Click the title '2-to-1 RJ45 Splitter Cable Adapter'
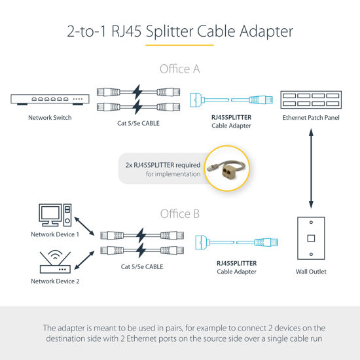(x=179, y=31)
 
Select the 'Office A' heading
(x=179, y=69)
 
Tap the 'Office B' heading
(x=179, y=214)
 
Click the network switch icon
(x=50, y=100)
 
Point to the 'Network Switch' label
(x=50, y=118)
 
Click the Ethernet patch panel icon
(x=312, y=100)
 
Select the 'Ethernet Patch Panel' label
(x=312, y=118)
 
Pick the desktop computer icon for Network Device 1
(x=54, y=215)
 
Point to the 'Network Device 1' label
(x=54, y=234)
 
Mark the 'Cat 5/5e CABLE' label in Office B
(x=141, y=266)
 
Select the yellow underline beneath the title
(x=179, y=45)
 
